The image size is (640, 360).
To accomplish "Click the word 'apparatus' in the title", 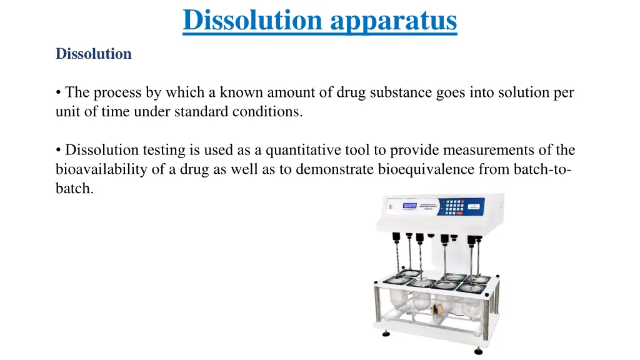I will coord(394,21).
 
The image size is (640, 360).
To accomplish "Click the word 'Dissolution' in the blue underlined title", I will coord(252,20).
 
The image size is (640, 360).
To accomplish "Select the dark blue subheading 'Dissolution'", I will coord(94,54).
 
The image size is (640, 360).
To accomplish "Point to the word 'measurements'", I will coord(494,150).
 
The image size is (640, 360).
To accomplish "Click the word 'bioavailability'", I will coord(97,169).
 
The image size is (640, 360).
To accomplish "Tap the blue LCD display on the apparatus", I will coord(410,206).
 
